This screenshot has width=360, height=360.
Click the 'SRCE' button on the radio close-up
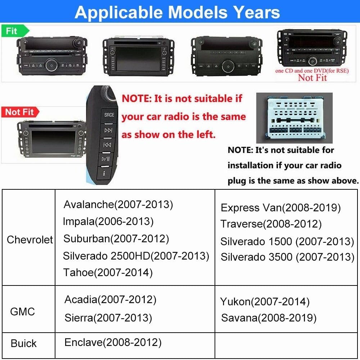point(109,115)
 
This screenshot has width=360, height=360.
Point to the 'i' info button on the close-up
point(104,173)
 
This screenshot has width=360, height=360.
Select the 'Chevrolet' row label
point(30,240)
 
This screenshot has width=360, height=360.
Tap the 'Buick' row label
point(24,343)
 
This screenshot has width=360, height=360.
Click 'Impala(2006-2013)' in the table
point(108,221)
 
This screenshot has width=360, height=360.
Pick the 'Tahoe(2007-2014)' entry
point(108,273)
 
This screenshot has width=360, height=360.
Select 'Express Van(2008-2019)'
point(280,208)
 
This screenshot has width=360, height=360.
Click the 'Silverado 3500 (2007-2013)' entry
point(287,257)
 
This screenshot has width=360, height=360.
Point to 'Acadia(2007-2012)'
point(110,299)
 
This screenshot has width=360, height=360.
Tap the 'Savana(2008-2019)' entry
point(269,318)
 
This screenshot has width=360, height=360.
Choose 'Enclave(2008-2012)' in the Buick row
point(113,342)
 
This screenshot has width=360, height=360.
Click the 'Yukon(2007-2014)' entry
point(265,302)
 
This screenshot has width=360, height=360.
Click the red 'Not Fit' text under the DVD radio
point(312,77)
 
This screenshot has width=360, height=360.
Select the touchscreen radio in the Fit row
point(138,55)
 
